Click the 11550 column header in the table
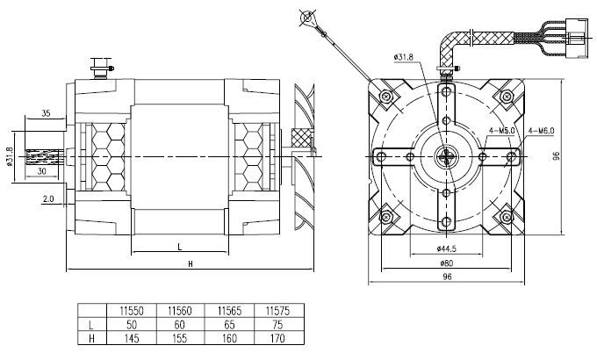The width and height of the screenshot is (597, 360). (x=132, y=311)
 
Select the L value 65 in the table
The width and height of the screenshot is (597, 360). (x=230, y=325)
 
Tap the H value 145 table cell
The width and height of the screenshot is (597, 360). (x=131, y=338)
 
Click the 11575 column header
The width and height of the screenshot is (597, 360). (x=277, y=311)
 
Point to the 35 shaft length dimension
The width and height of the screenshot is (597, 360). (x=46, y=113)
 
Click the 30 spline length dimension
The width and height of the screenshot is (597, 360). (x=42, y=171)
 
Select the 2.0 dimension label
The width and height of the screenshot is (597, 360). (x=48, y=198)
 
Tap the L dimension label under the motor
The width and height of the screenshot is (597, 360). (x=180, y=247)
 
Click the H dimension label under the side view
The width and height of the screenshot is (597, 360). (x=191, y=263)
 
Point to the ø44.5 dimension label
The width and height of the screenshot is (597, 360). (x=447, y=248)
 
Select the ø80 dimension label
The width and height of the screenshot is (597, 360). (x=447, y=263)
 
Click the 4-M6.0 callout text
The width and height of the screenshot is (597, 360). (x=541, y=131)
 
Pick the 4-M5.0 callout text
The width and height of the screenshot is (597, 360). (x=502, y=131)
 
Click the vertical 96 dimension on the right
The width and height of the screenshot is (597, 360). (x=557, y=155)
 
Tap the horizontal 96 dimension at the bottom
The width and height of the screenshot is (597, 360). (x=447, y=277)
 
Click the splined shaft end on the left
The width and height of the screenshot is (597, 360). (x=43, y=157)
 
